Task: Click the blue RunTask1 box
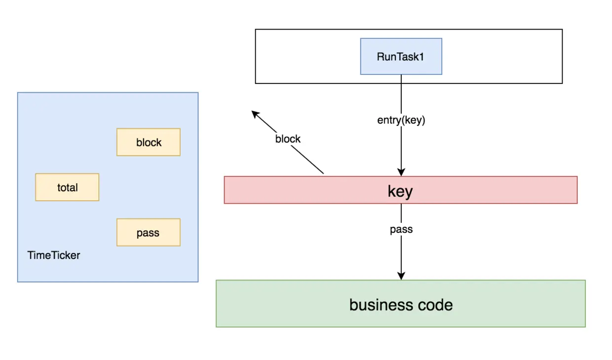click(x=401, y=56)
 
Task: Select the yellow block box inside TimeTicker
click(x=149, y=142)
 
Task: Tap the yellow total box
click(x=67, y=187)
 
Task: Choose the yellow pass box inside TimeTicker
click(x=149, y=232)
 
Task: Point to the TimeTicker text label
click(x=54, y=255)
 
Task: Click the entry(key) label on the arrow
click(x=401, y=120)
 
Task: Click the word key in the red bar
click(x=400, y=191)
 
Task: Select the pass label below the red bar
click(x=401, y=229)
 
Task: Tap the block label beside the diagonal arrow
click(x=288, y=139)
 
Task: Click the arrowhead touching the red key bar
click(x=401, y=172)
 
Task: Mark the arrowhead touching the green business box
click(x=401, y=276)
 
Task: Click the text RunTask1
click(x=401, y=56)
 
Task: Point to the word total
click(x=67, y=187)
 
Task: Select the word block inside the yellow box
click(x=149, y=143)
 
